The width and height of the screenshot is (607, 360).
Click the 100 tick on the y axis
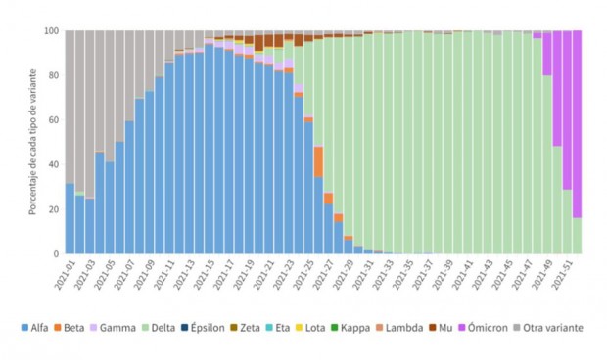(51, 30)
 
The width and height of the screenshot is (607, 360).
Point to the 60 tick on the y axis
(54, 120)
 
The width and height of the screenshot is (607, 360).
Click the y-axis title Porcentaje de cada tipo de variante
(31, 142)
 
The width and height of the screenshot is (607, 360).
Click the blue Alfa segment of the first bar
(70, 219)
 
